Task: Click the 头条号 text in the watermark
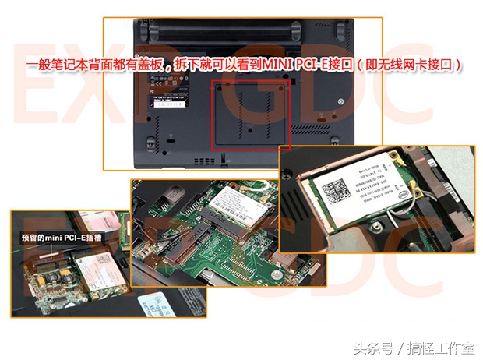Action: [369, 346]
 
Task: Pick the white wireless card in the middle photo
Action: [234, 206]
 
